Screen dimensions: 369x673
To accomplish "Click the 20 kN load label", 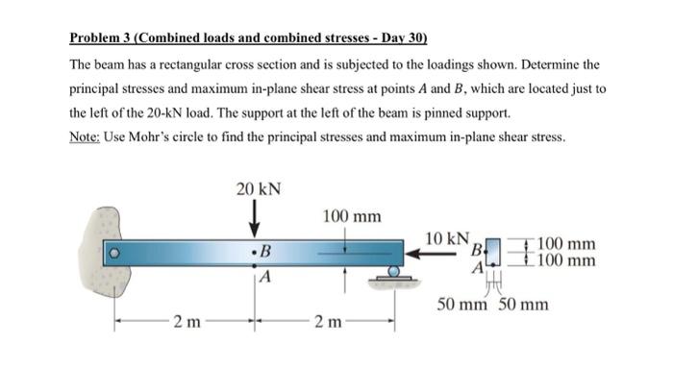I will click(259, 188).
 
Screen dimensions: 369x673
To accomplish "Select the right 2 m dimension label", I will click(324, 321).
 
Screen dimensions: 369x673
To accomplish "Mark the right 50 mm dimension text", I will click(525, 306).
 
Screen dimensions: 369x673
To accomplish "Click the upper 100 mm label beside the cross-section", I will click(566, 244).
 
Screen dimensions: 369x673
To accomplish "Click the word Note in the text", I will click(87, 135).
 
